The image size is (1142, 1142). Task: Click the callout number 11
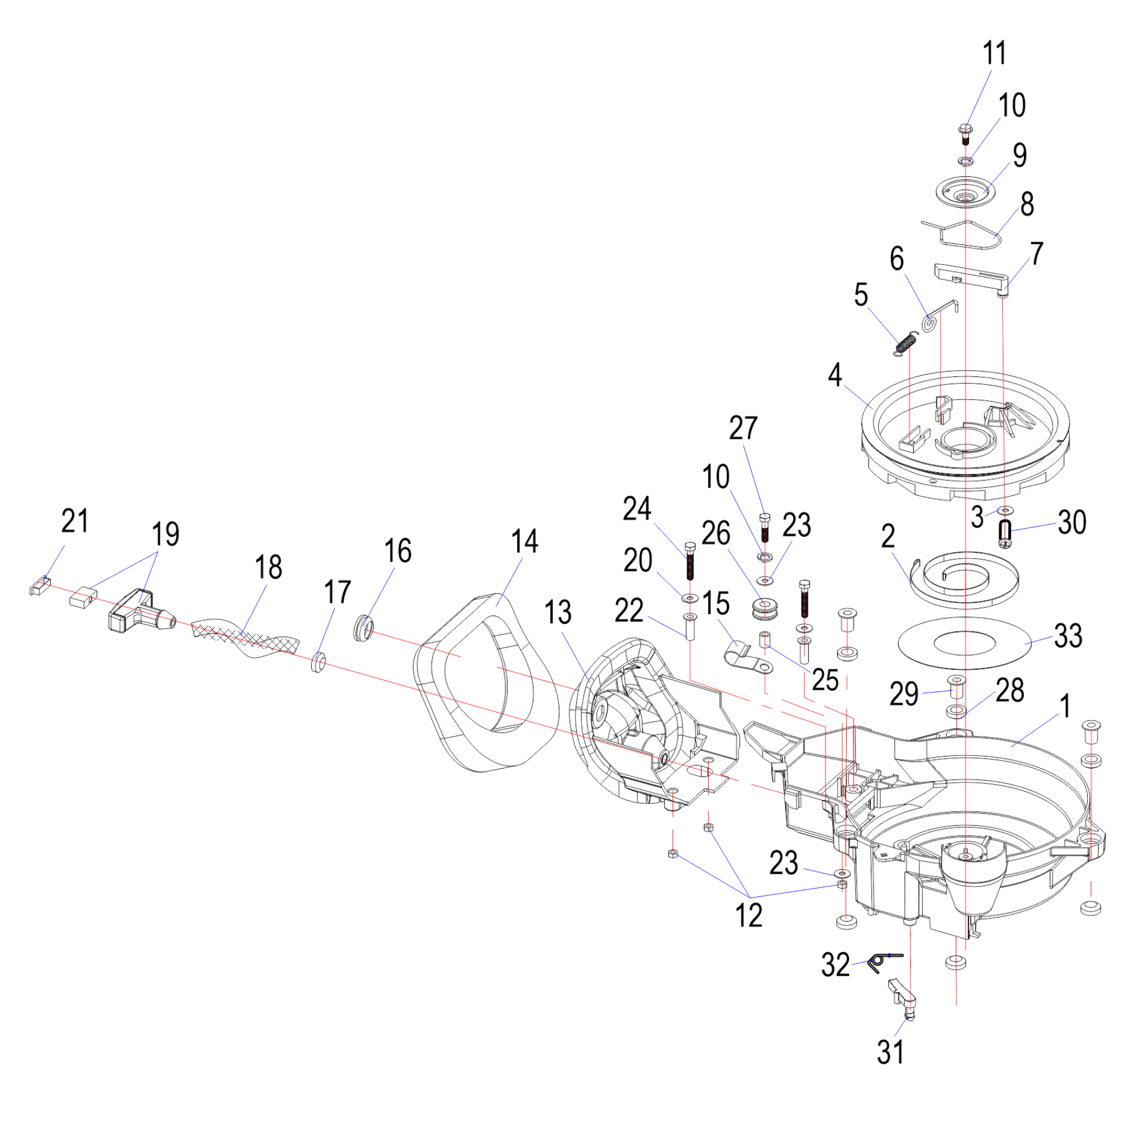coord(994,53)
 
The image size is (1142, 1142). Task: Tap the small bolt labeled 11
coord(966,133)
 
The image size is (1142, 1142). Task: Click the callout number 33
coord(1068,637)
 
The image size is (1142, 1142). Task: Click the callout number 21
coord(75,521)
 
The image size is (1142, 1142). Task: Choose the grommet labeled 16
coord(364,628)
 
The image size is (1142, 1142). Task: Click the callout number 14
coord(524,541)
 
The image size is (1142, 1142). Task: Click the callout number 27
coord(743,428)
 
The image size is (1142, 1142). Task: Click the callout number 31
coord(890,1053)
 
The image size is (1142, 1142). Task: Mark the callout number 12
coord(749,916)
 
